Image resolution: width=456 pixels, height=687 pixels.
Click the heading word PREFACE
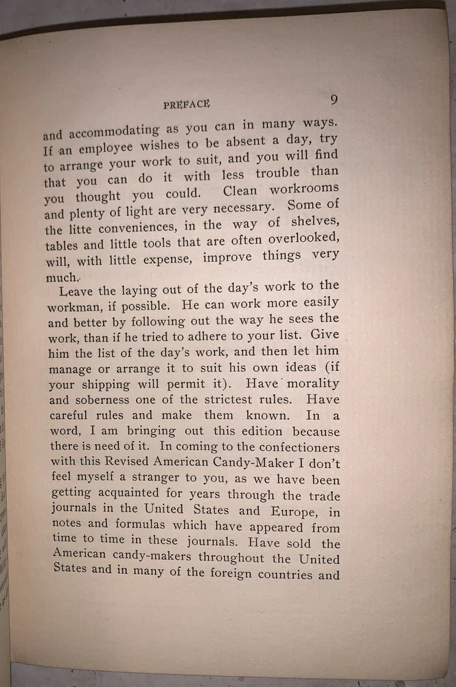click(x=186, y=104)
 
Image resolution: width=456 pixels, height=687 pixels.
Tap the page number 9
click(x=334, y=100)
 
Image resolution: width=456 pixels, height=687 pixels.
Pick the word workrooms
click(x=305, y=188)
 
